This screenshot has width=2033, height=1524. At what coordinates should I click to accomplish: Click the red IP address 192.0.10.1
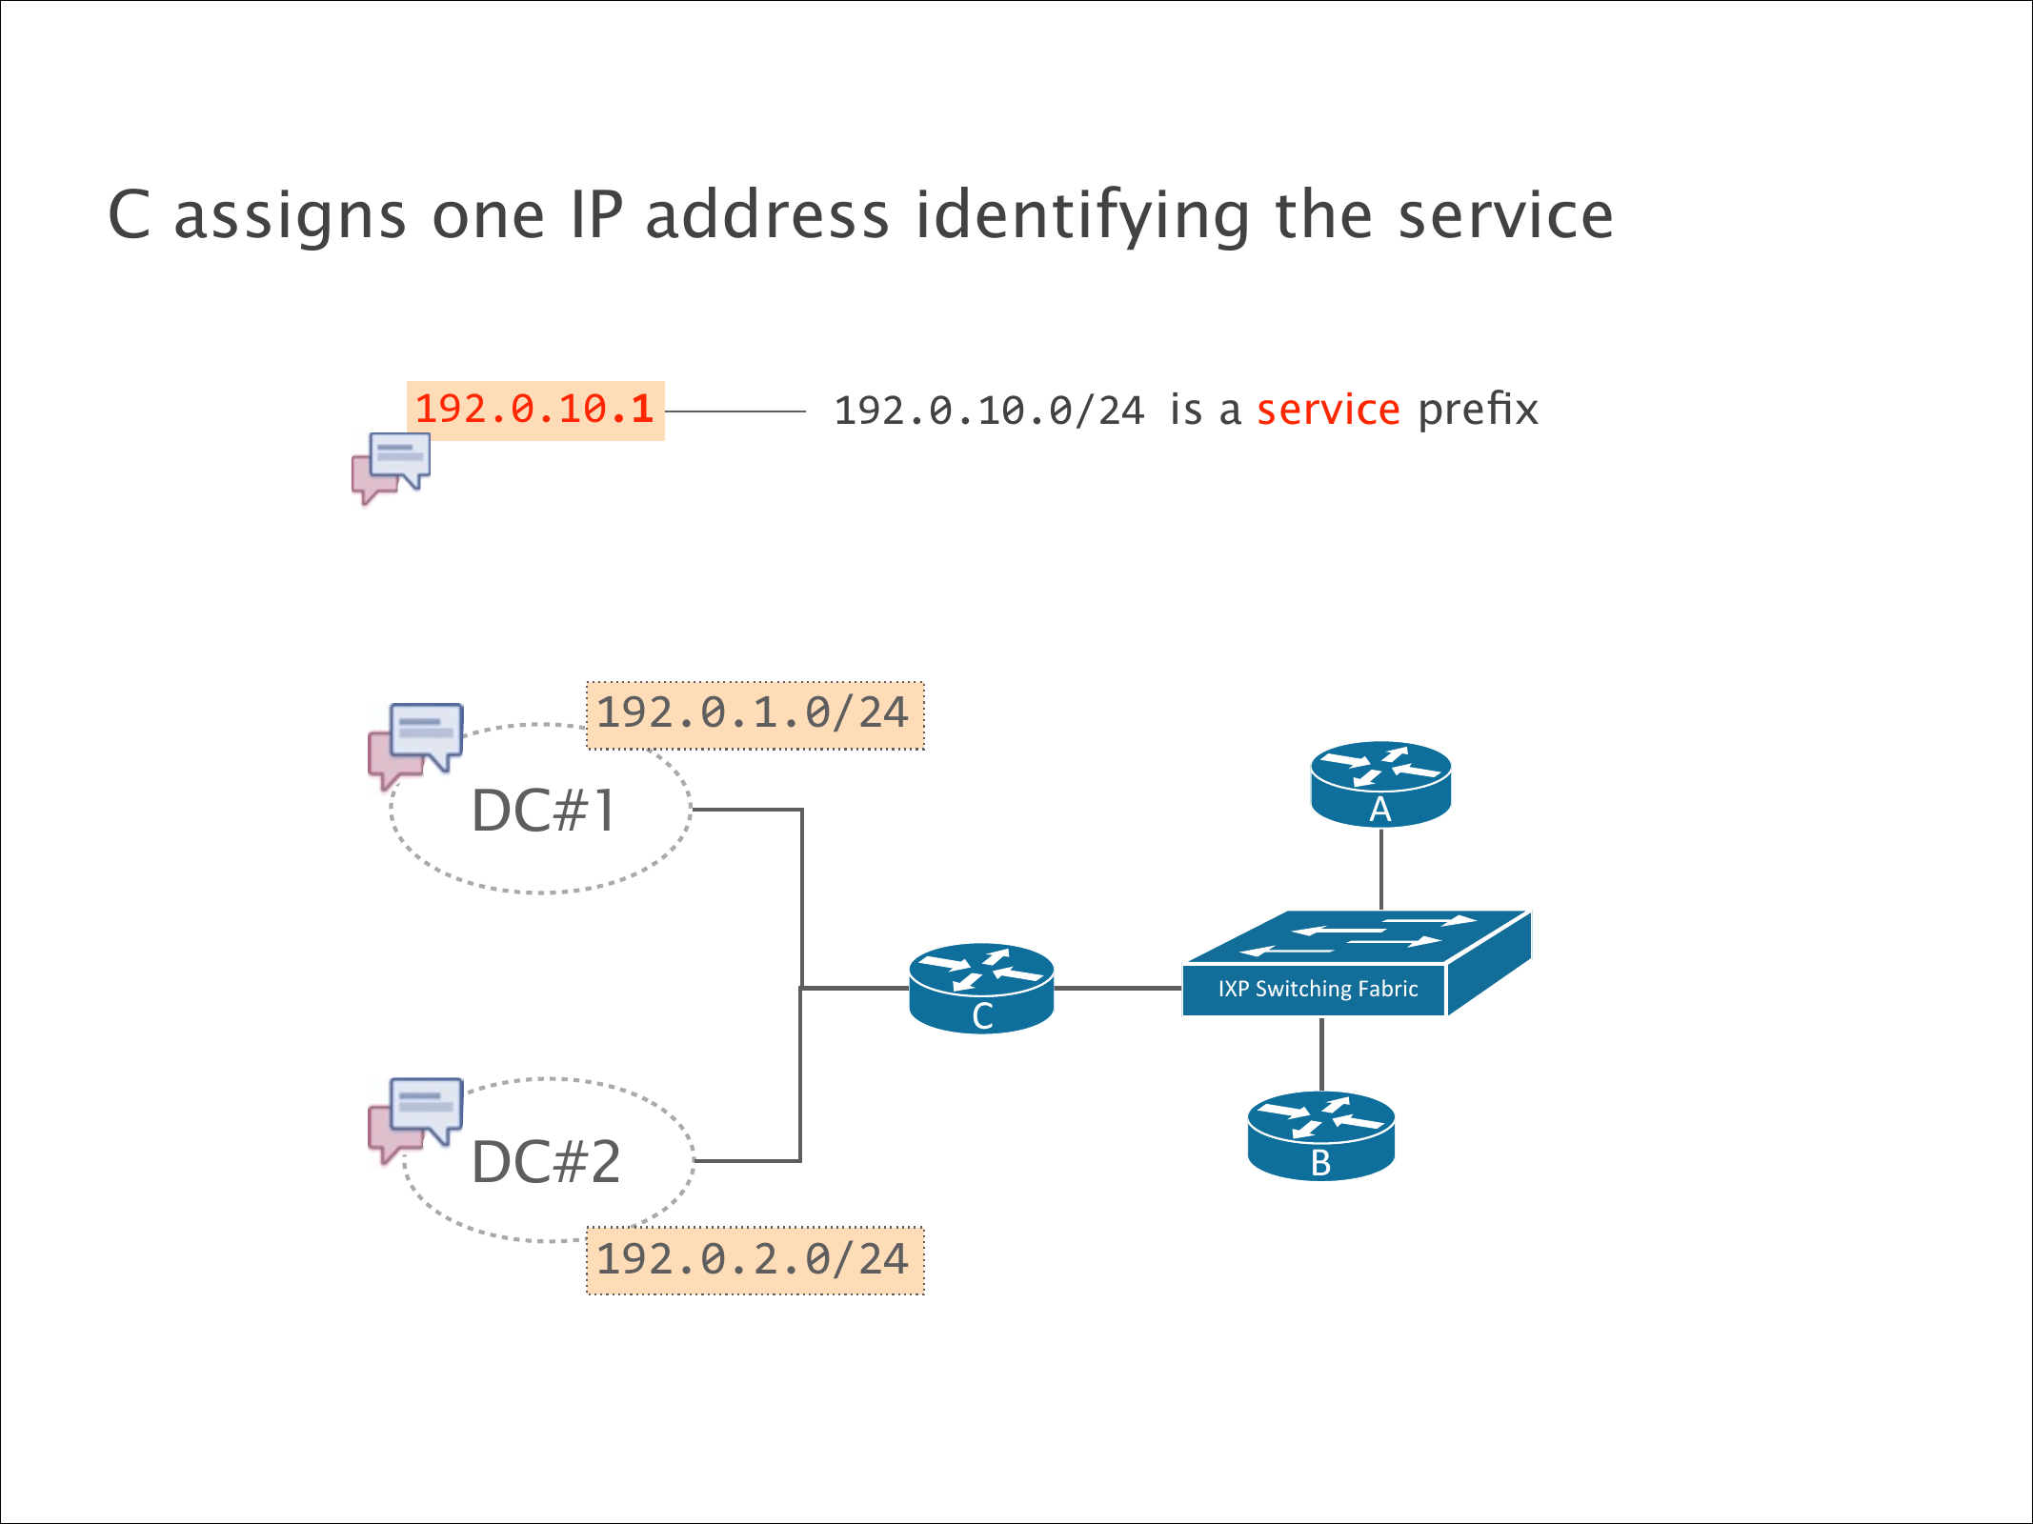[534, 410]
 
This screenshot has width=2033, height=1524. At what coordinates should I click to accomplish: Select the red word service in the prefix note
[1328, 410]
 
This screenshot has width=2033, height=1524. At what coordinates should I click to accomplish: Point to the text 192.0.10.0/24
[989, 411]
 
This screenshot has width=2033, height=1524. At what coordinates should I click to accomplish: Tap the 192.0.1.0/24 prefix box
[754, 714]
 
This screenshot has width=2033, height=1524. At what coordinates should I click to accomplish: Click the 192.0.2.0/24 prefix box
[754, 1260]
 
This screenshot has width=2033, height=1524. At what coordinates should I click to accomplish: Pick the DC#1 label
[544, 812]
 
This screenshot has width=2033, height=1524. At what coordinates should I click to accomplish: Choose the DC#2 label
[546, 1162]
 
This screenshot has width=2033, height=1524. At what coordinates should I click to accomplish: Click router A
[1380, 783]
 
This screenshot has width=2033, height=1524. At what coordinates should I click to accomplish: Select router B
[1320, 1136]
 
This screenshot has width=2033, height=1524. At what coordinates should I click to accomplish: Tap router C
[981, 988]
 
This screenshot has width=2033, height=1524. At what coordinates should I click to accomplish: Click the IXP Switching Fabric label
[1318, 989]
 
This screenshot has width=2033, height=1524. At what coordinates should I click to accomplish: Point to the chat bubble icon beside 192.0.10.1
[392, 467]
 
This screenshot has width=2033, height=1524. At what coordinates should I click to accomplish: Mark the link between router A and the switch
[1380, 869]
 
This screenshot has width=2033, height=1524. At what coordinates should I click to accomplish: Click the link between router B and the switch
[1321, 1054]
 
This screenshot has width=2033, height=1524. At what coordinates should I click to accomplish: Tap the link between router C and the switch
[1117, 989]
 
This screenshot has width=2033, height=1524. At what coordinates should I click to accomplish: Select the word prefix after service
[1478, 410]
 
